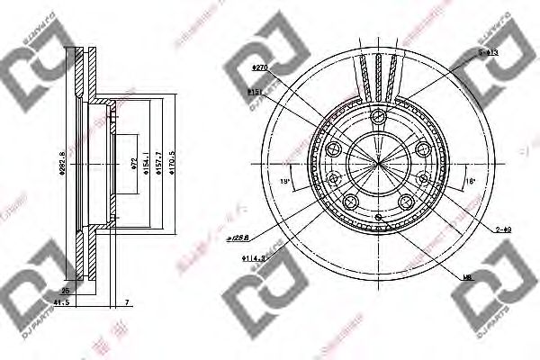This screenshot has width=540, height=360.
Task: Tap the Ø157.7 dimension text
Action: click(158, 166)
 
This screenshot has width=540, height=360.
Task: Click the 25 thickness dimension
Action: click(65, 292)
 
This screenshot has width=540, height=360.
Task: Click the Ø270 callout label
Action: click(260, 67)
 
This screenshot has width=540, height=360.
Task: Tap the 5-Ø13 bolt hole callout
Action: click(488, 53)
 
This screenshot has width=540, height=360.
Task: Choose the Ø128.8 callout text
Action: click(238, 238)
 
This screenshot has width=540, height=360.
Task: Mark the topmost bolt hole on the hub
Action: click(380, 116)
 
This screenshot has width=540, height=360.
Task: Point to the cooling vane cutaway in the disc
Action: click(378, 76)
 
